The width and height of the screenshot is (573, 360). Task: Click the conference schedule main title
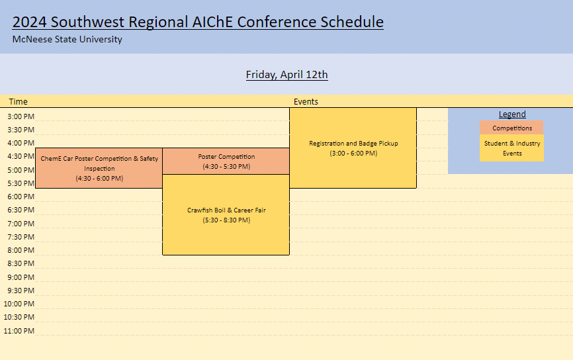click(x=198, y=22)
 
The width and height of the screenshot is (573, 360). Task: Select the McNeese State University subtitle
click(x=67, y=40)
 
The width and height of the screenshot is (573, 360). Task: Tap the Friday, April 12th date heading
click(x=287, y=75)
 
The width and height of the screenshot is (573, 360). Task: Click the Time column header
click(x=19, y=102)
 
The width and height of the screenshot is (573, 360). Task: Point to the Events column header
click(x=306, y=102)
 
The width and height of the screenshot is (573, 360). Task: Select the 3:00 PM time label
click(x=21, y=116)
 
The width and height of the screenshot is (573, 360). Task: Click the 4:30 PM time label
click(x=21, y=156)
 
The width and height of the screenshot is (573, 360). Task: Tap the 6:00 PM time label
click(x=21, y=197)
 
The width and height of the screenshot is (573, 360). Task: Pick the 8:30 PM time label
click(x=21, y=263)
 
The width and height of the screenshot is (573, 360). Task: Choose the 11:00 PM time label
click(x=19, y=331)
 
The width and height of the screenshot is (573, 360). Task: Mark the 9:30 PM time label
click(x=21, y=291)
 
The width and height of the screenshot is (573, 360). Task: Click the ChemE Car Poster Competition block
click(x=99, y=168)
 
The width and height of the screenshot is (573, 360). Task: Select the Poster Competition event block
click(x=226, y=161)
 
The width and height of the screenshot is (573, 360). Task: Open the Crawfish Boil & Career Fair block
click(x=226, y=215)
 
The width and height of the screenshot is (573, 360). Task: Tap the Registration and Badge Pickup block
click(x=353, y=148)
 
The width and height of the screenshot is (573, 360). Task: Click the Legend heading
click(x=512, y=114)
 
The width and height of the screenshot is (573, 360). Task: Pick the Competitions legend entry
click(x=511, y=128)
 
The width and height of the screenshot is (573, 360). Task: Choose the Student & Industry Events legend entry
click(x=511, y=148)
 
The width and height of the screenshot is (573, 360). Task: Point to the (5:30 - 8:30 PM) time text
click(x=226, y=220)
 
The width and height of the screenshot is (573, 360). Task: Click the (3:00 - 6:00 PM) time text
click(x=353, y=153)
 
